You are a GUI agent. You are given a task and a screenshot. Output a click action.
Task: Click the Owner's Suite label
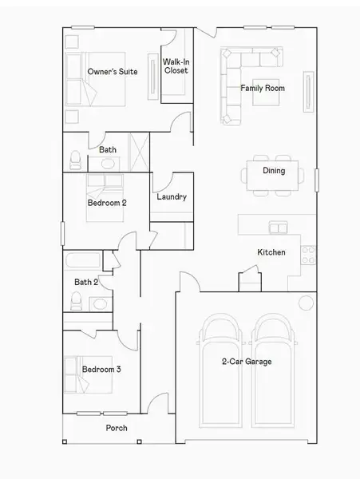click(112, 72)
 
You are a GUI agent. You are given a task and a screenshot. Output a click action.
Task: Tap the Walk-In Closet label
click(176, 66)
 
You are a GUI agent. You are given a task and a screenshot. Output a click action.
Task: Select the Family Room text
click(263, 88)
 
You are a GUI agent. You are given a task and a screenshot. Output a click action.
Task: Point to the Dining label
click(274, 170)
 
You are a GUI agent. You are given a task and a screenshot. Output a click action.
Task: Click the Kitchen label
click(271, 252)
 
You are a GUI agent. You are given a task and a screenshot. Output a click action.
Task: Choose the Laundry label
click(172, 196)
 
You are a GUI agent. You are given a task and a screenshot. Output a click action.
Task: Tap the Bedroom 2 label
click(107, 203)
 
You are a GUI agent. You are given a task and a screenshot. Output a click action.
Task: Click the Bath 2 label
click(86, 282)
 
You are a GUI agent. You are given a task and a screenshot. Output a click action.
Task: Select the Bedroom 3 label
click(101, 369)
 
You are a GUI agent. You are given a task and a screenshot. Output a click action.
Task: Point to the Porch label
click(117, 428)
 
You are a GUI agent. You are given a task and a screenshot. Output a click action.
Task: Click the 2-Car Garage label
click(247, 362)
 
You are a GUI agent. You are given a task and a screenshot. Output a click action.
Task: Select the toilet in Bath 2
click(76, 301)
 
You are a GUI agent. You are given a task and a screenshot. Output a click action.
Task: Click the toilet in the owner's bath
click(73, 160)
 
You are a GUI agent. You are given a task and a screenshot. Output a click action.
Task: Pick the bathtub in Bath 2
click(83, 261)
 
